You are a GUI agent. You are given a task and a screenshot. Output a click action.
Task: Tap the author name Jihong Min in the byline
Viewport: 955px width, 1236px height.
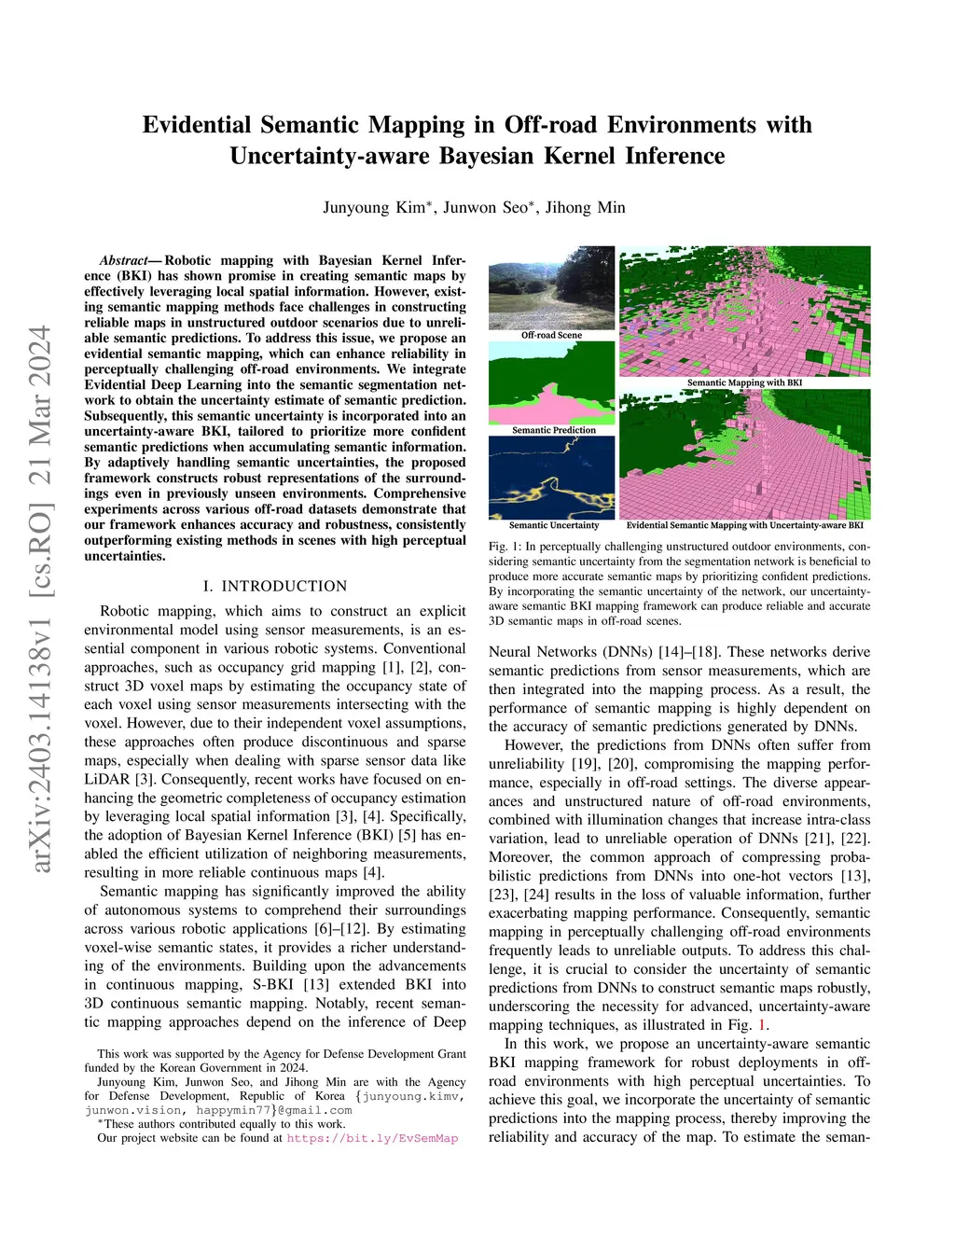[x=586, y=207]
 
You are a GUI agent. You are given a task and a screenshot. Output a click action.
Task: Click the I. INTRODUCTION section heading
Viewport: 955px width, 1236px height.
[x=275, y=586]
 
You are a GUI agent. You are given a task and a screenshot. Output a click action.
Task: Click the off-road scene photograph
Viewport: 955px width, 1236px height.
[x=551, y=287]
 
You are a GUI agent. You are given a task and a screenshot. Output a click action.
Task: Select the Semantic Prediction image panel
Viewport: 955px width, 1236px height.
[x=551, y=382]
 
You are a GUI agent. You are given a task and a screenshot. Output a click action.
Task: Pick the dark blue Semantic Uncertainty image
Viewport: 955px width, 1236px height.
[x=551, y=477]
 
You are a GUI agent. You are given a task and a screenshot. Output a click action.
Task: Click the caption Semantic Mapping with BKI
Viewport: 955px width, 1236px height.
[x=744, y=382]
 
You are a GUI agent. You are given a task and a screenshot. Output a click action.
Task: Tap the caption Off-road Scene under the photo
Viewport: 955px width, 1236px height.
[x=551, y=335]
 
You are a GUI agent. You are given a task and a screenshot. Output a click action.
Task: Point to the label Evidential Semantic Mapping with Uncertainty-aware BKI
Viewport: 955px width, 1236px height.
[x=744, y=525]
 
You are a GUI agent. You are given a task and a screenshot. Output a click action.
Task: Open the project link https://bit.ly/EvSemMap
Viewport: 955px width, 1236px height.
[x=372, y=1138]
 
